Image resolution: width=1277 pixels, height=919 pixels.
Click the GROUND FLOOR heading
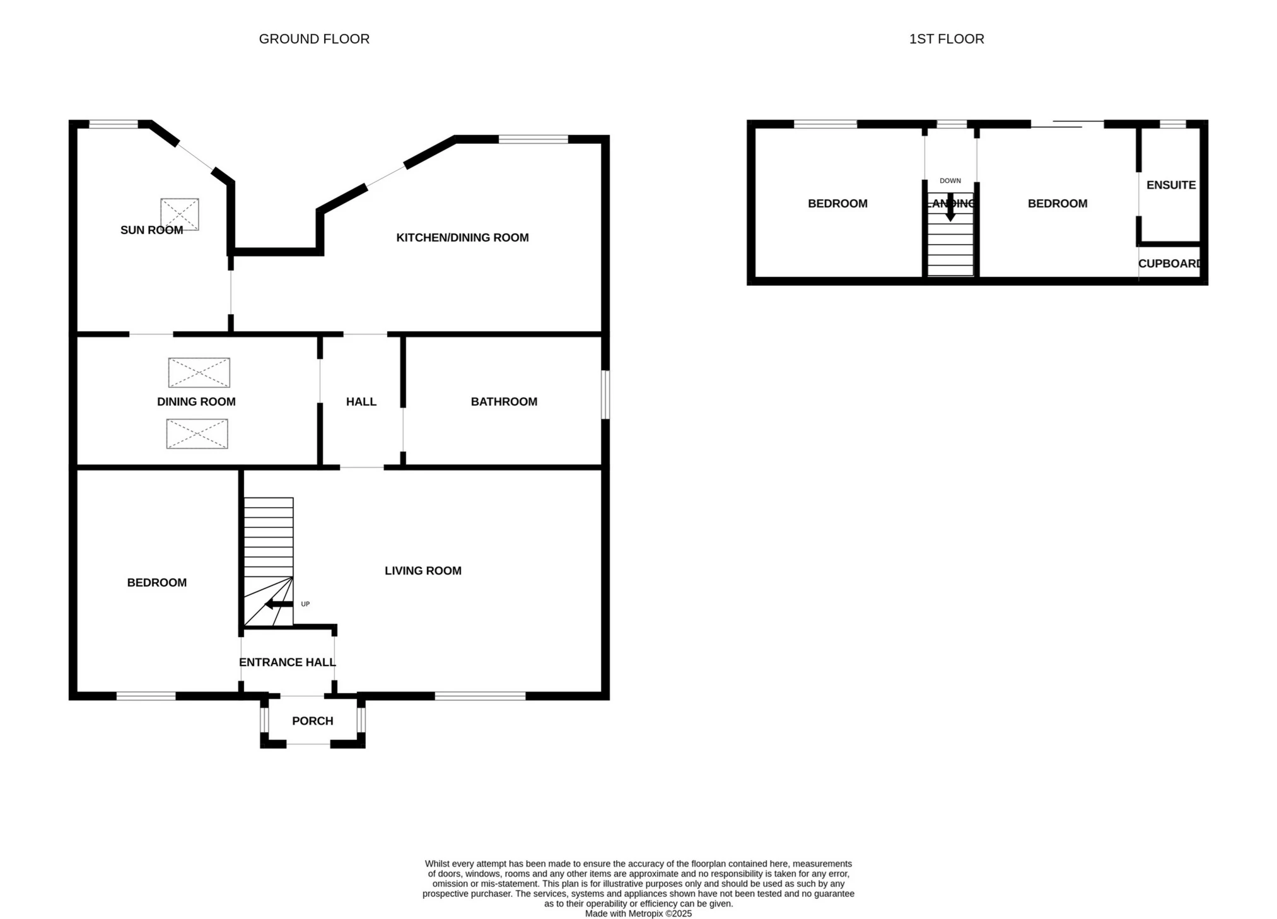point(314,39)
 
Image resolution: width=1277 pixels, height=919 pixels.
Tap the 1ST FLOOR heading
point(947,39)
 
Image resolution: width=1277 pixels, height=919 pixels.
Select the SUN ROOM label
point(151,230)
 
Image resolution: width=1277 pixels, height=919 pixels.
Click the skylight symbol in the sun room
point(180,214)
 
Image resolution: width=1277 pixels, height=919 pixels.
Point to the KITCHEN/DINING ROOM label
point(462,238)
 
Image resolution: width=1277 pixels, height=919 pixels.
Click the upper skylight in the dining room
point(199,373)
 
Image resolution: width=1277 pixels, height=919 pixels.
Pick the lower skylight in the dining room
point(197,434)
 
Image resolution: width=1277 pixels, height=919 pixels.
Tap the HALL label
point(361,402)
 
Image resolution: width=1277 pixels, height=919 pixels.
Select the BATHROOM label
point(504,402)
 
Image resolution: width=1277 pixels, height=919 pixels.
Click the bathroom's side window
point(605,394)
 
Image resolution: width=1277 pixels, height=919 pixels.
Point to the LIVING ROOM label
point(423,571)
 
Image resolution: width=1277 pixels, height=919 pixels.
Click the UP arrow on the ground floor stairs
point(279,604)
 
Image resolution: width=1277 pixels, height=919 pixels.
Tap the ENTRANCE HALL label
point(288,662)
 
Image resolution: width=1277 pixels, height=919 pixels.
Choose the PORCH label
point(313,721)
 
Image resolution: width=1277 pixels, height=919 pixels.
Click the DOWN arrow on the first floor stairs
point(950,207)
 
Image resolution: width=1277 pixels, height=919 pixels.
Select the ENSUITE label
point(1171,185)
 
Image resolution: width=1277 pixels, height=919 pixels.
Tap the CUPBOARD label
point(1170,264)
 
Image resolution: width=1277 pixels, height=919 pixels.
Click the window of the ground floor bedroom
point(146,696)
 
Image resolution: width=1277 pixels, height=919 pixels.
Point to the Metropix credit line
point(638,913)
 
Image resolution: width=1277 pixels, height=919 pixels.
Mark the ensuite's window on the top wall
point(1173,124)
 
